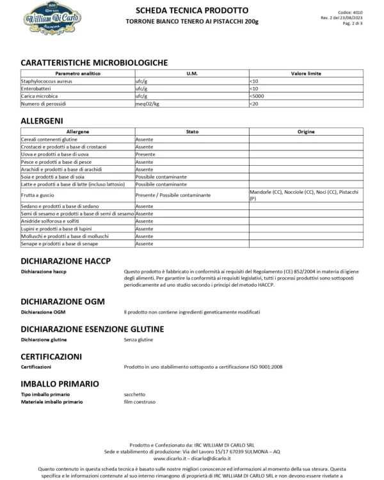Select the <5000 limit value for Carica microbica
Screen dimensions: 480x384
coord(257,96)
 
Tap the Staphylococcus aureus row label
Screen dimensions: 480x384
coord(47,82)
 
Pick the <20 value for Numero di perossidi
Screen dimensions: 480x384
coord(254,103)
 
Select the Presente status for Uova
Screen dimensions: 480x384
coord(145,154)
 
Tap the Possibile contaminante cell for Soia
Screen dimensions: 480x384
coord(161,176)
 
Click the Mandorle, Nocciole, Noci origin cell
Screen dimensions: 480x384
coord(303,195)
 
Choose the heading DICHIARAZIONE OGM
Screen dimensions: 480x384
coord(62,301)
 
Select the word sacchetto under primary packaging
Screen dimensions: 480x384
coord(135,394)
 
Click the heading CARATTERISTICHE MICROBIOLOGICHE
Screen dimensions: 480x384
coord(94,63)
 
